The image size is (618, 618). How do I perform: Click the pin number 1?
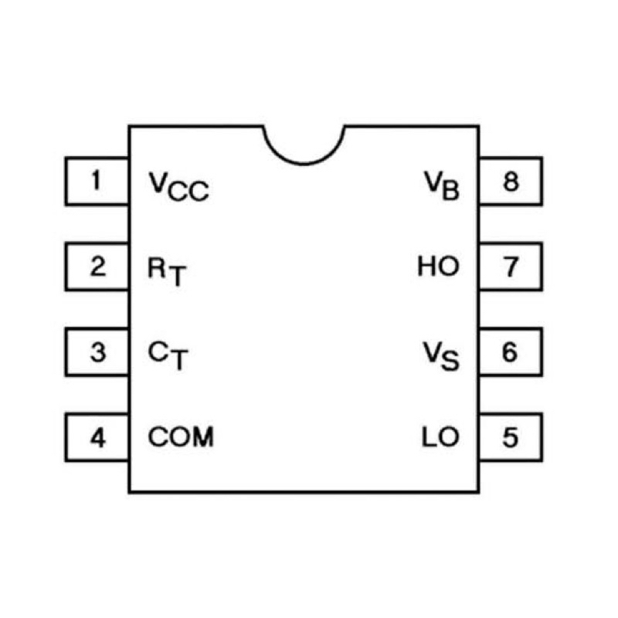click(x=96, y=181)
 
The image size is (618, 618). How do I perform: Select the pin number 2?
click(x=98, y=267)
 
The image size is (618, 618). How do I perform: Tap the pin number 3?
click(x=98, y=352)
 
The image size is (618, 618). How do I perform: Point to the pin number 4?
click(x=98, y=437)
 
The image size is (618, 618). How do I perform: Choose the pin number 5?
click(x=511, y=437)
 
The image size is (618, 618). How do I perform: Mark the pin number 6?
click(x=510, y=352)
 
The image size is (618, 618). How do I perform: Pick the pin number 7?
click(x=511, y=267)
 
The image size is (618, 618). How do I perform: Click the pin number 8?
click(x=511, y=182)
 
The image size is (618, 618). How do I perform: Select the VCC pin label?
click(x=178, y=187)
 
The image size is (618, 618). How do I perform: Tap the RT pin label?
click(x=167, y=272)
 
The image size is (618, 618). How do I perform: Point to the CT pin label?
click(x=168, y=356)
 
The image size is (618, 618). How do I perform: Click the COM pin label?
click(x=181, y=436)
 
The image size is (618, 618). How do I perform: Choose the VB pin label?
click(x=442, y=185)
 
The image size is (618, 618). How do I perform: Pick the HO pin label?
click(x=438, y=266)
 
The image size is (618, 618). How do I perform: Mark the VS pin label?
click(x=441, y=356)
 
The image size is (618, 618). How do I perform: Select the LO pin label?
click(x=440, y=436)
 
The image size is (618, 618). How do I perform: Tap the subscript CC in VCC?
click(x=188, y=192)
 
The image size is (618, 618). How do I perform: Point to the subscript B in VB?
click(x=451, y=190)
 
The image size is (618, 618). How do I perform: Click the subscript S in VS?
click(x=450, y=361)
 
